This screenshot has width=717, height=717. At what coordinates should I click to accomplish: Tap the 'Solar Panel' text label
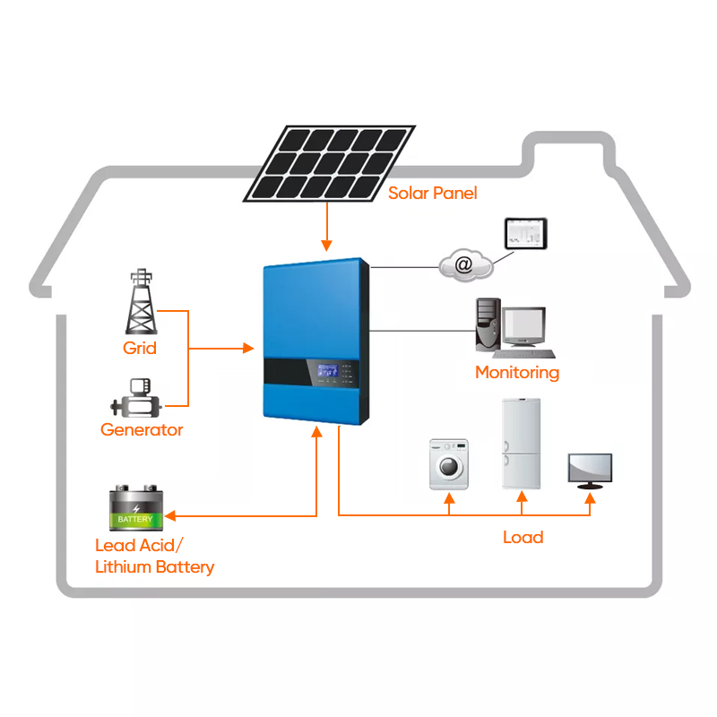click(432, 194)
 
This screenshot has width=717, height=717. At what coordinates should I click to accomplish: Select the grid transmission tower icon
click(139, 301)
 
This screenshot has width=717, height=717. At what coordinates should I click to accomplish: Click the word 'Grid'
click(139, 348)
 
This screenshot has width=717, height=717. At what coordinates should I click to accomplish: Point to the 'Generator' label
click(142, 429)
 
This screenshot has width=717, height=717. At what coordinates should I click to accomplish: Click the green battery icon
click(135, 509)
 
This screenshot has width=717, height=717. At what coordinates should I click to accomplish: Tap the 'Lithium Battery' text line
click(154, 566)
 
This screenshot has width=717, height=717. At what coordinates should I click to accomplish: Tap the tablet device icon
click(525, 233)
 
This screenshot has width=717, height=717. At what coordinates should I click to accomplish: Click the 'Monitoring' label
click(516, 372)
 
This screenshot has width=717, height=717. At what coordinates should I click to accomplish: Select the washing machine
click(448, 463)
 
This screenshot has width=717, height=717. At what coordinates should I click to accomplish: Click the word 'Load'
click(523, 537)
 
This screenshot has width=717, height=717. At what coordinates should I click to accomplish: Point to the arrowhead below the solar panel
click(328, 246)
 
